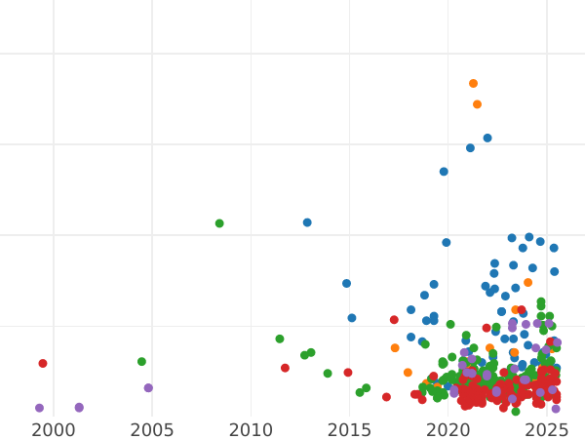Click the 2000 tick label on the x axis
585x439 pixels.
(54, 430)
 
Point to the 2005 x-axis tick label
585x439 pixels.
(152, 430)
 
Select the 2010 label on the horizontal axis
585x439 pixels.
(251, 430)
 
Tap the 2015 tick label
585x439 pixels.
(350, 430)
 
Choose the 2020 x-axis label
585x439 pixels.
(448, 430)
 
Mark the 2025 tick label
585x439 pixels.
(547, 430)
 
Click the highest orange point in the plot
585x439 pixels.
(473, 84)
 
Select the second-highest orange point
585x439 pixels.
(477, 104)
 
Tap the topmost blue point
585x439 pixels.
(487, 139)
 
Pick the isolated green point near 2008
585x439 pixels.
(219, 223)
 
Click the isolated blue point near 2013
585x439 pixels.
(307, 222)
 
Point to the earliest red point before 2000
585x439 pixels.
(43, 364)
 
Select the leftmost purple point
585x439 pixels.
(40, 409)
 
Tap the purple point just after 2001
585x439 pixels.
(79, 408)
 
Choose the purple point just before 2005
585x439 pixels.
(148, 388)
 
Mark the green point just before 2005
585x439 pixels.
(141, 362)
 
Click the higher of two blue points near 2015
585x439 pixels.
(346, 284)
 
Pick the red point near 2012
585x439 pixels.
(285, 368)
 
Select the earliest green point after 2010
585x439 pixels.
(280, 339)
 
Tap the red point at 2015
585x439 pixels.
(348, 373)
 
